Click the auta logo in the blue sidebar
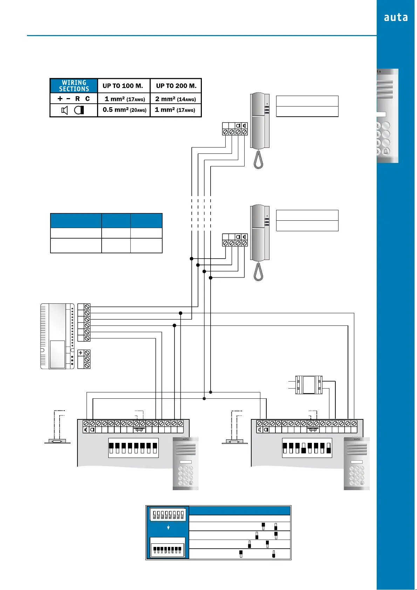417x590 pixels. [396, 18]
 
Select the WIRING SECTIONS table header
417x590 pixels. [74, 86]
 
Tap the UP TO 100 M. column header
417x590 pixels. [123, 86]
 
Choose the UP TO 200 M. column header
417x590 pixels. [176, 86]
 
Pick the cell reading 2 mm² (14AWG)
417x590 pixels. [176, 99]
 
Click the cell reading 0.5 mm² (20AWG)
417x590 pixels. [124, 110]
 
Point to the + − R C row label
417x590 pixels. [74, 99]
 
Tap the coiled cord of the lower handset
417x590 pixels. [258, 272]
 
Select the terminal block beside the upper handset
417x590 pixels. [235, 129]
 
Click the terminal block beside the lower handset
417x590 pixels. [235, 240]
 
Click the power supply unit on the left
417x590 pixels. [57, 336]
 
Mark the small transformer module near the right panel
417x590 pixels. [309, 385]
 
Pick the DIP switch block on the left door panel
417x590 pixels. [133, 448]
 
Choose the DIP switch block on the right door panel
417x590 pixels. [307, 448]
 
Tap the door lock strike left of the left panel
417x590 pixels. [57, 441]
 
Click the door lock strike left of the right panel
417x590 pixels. [234, 441]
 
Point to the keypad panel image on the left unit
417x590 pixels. [185, 463]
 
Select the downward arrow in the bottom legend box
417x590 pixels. [169, 527]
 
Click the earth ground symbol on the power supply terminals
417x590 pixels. [81, 353]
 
